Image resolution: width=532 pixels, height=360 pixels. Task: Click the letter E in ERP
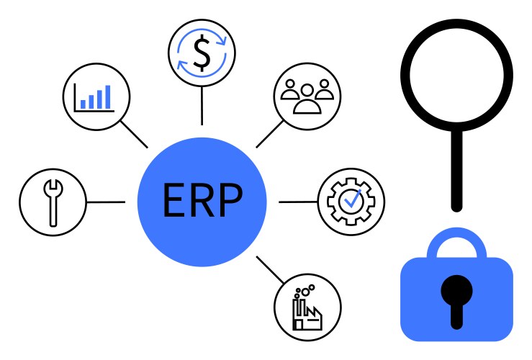point(174,201)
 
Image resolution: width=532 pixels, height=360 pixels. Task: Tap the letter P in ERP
point(230,201)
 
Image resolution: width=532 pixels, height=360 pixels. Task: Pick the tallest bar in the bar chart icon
point(108,96)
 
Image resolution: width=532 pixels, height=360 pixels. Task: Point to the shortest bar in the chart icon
point(84,104)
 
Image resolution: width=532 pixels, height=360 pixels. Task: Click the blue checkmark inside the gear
point(352,200)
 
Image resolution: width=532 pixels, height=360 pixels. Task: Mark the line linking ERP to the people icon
point(270,133)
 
